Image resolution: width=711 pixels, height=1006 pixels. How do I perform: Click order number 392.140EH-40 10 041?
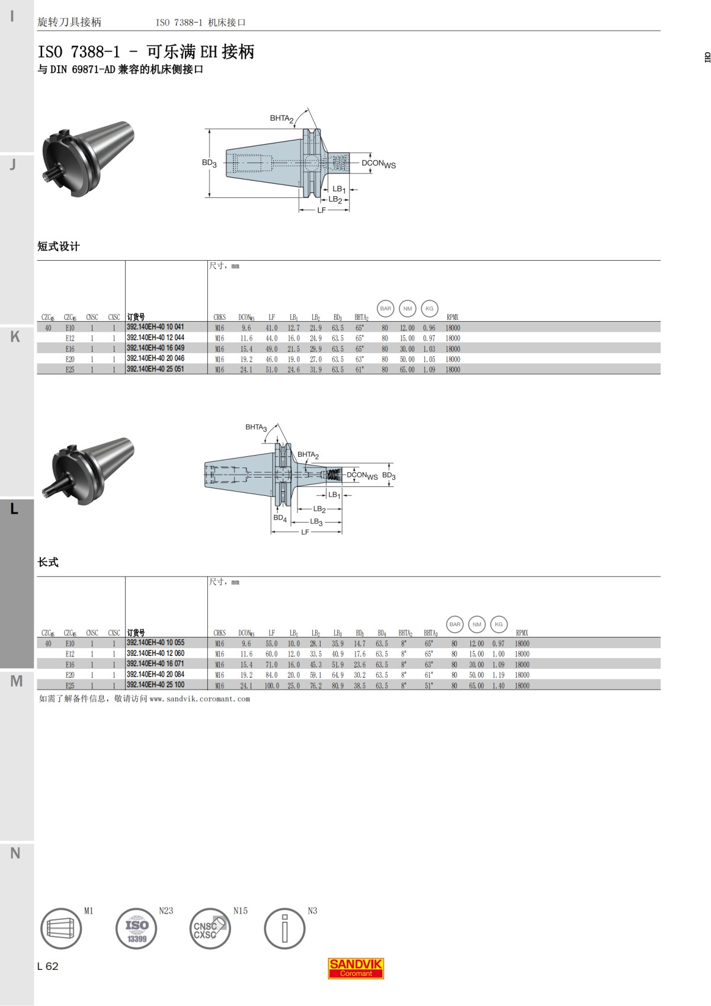[x=155, y=327]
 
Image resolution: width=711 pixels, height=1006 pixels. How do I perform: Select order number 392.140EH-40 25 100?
[x=155, y=685]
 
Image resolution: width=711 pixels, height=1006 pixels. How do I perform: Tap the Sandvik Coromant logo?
[x=355, y=967]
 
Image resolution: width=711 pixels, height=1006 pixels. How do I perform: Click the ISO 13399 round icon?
[x=136, y=928]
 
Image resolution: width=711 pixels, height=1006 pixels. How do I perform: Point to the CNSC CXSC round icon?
[x=210, y=928]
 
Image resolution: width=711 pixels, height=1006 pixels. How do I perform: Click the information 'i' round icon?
[x=284, y=928]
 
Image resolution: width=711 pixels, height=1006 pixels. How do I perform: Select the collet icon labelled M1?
[x=61, y=928]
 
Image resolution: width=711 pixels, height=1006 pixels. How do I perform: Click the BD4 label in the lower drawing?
[x=280, y=518]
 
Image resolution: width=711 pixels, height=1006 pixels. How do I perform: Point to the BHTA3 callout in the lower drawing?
[x=256, y=427]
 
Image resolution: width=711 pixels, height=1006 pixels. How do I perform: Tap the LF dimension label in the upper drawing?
[x=321, y=210]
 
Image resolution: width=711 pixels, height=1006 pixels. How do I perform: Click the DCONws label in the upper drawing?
[x=378, y=164]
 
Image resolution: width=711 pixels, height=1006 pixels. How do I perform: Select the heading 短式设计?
[x=58, y=246]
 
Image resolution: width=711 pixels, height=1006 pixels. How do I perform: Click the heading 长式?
[x=48, y=562]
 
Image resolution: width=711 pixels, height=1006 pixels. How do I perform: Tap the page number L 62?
[x=47, y=966]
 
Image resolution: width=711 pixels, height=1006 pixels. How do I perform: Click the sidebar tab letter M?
[x=16, y=681]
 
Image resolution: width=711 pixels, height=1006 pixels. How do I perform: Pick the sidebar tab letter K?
[x=15, y=337]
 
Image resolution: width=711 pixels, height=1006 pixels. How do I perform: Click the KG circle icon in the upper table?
[x=429, y=308]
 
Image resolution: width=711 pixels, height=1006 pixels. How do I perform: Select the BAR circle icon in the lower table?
[x=454, y=624]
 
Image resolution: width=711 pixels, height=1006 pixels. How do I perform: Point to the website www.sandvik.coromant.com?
[x=199, y=699]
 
